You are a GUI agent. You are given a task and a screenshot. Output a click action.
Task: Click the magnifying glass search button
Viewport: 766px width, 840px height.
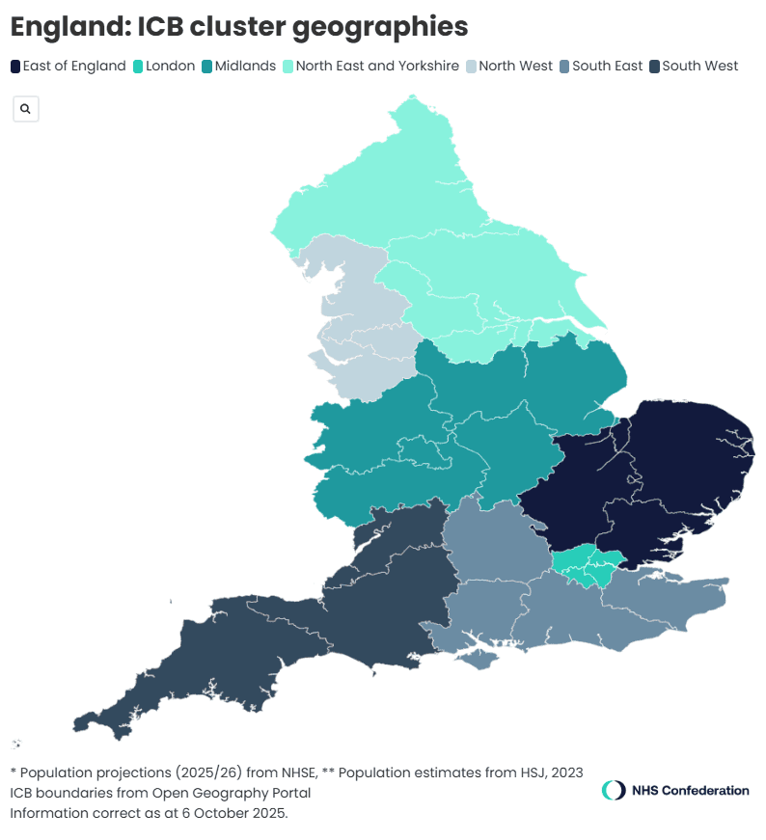[x=25, y=109]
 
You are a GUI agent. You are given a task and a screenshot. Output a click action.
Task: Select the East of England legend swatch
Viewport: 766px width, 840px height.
[x=15, y=67]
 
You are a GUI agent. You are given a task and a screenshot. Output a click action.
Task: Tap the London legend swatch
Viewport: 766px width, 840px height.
[x=139, y=67]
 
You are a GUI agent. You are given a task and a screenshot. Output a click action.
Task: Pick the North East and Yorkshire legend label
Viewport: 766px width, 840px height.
[x=377, y=67]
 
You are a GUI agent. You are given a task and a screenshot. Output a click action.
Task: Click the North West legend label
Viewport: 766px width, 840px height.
[x=515, y=67]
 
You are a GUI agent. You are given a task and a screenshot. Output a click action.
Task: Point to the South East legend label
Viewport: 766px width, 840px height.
[x=607, y=67]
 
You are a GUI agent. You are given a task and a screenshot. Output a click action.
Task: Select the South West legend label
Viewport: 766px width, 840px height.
[x=699, y=67]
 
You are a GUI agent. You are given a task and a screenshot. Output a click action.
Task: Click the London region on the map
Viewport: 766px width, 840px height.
[x=586, y=565]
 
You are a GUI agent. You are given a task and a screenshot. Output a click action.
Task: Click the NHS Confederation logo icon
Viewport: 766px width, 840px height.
[x=614, y=791]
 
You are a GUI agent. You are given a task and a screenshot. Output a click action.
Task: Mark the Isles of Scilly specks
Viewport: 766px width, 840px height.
[x=16, y=744]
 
